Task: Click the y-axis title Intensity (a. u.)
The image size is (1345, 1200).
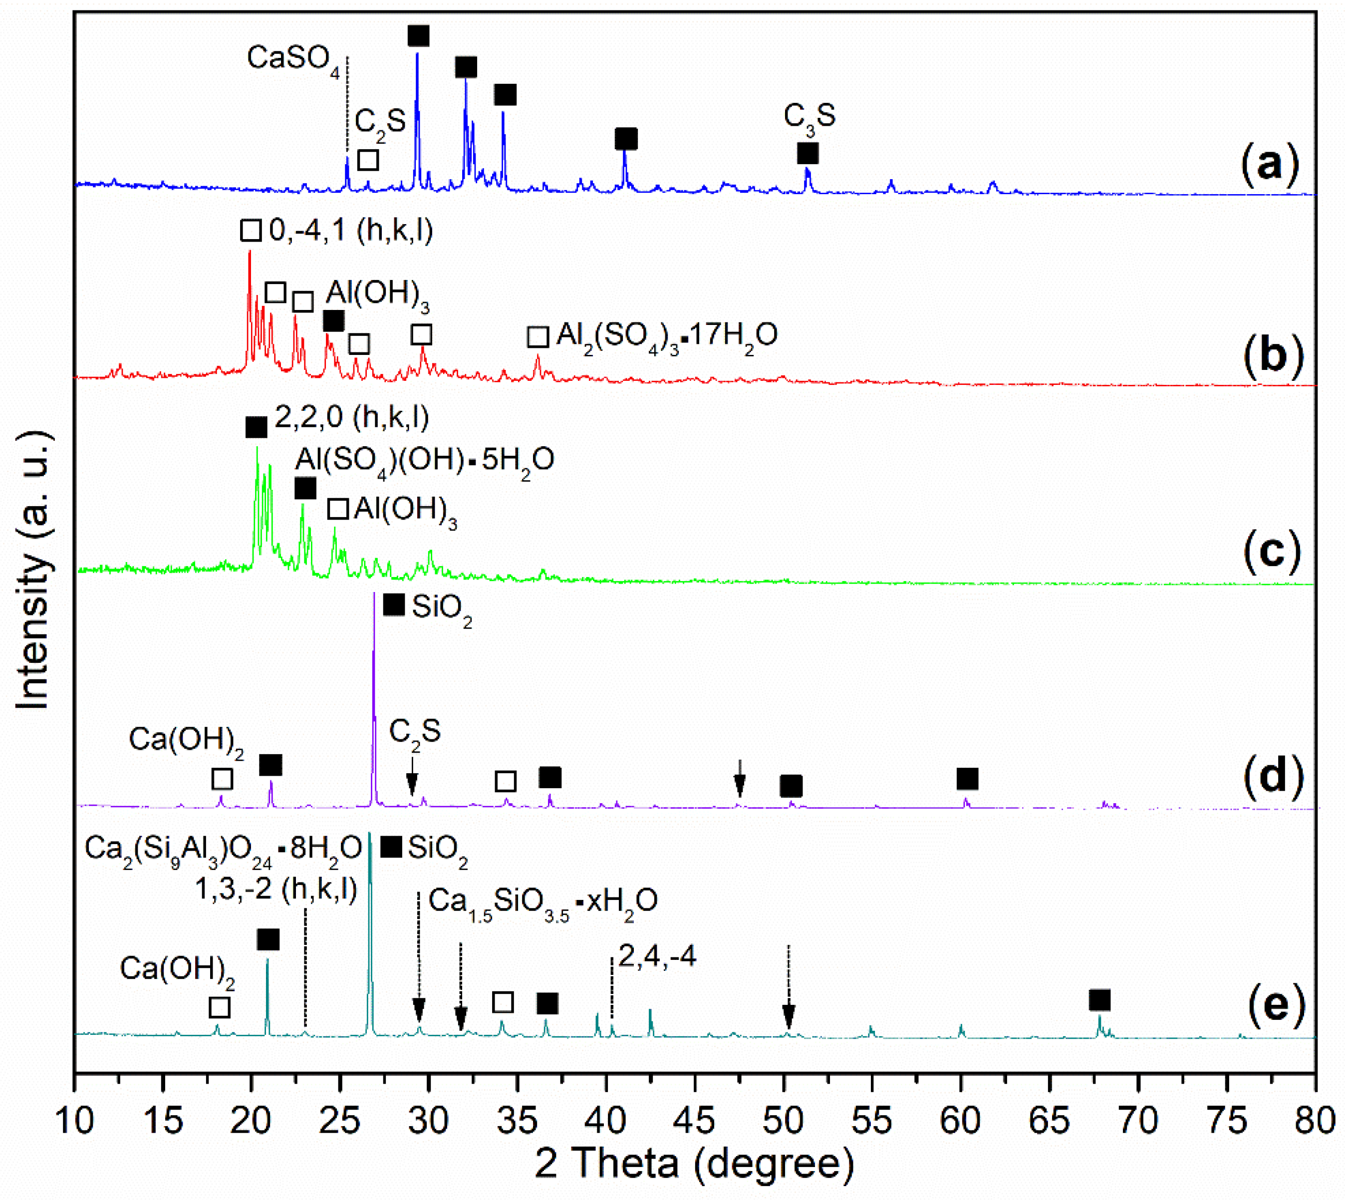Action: pyautogui.click(x=33, y=571)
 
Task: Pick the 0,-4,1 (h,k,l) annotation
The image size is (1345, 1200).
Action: pyautogui.click(x=351, y=231)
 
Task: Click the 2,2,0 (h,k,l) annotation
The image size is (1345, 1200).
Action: pyautogui.click(x=351, y=417)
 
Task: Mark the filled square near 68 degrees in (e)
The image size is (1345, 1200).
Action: pyautogui.click(x=1099, y=1001)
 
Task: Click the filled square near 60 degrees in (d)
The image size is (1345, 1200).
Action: pyautogui.click(x=967, y=779)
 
